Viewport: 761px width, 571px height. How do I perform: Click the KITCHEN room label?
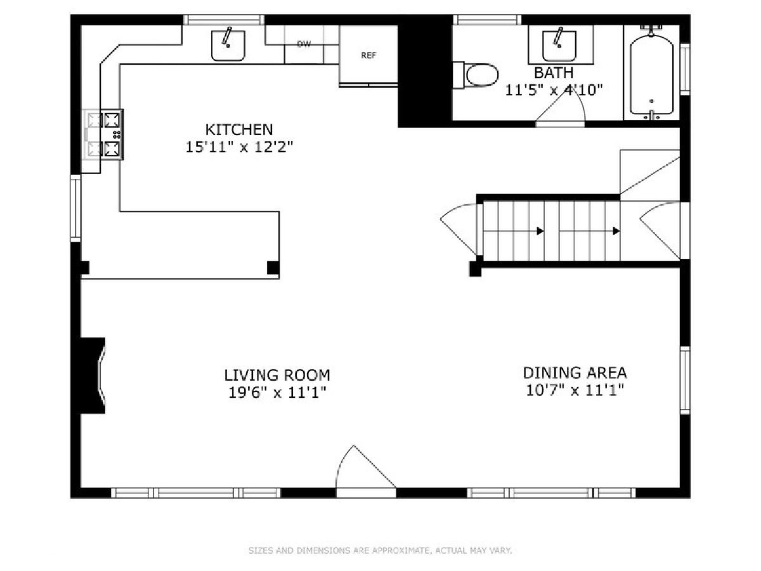[239, 129]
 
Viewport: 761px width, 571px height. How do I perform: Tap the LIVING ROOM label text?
[277, 375]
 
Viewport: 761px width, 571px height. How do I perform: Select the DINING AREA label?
[575, 372]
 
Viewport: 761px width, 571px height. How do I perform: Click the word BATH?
[554, 73]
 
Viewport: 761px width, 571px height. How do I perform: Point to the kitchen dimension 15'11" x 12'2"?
[240, 147]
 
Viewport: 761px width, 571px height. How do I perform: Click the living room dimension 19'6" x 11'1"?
[277, 393]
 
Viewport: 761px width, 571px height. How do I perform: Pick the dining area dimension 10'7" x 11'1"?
[575, 390]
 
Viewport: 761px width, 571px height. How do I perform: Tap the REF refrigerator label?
[368, 55]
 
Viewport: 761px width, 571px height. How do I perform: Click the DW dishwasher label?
[304, 44]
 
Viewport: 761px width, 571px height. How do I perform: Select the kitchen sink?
[228, 46]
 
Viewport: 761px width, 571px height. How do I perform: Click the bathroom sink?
[559, 46]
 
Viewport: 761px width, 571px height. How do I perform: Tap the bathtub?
[651, 74]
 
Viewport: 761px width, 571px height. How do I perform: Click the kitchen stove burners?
[112, 135]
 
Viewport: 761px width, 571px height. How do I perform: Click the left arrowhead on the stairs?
[540, 231]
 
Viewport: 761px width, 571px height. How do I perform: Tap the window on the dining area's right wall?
[685, 381]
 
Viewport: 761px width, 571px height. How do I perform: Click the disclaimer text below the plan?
[380, 550]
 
